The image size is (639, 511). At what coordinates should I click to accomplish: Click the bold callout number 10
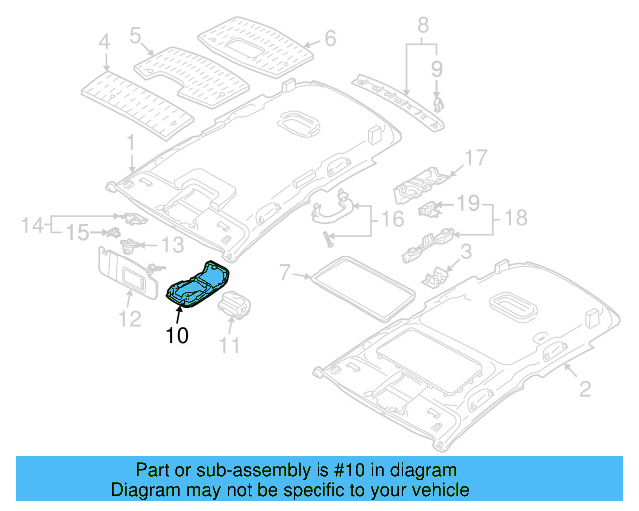pyautogui.click(x=176, y=336)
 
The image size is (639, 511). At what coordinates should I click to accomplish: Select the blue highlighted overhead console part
pyautogui.click(x=199, y=281)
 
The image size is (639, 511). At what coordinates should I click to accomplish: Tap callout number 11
pyautogui.click(x=230, y=346)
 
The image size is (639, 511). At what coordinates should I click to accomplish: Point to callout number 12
pyautogui.click(x=130, y=319)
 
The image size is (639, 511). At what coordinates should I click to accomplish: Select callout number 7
pyautogui.click(x=284, y=271)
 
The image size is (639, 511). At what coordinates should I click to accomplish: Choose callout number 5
pyautogui.click(x=134, y=35)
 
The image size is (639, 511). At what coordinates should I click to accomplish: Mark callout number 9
pyautogui.click(x=436, y=68)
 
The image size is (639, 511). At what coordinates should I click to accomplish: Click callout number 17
pyautogui.click(x=475, y=157)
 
